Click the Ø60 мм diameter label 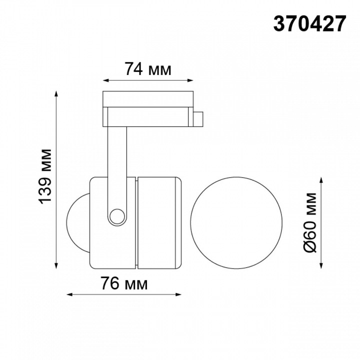click(310, 221)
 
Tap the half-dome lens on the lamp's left click(77, 221)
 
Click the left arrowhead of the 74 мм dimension click(105, 79)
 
